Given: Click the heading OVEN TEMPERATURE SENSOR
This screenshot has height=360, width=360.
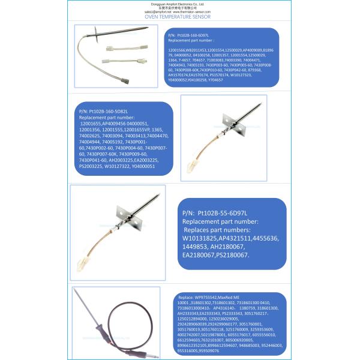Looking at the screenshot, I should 179,17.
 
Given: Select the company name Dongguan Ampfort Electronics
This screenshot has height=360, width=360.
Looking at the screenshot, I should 179,4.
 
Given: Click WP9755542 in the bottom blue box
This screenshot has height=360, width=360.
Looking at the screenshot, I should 205,298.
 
